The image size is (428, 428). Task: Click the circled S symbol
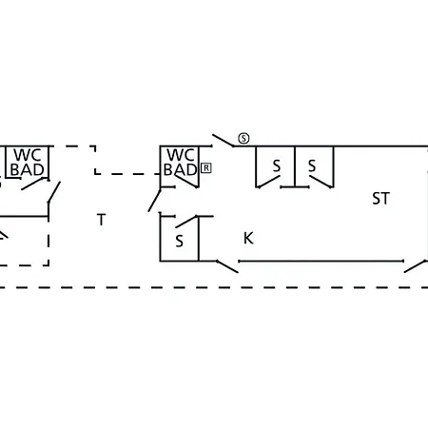pos(243,139)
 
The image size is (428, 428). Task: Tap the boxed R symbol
pos(206,168)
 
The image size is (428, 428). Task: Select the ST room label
pos(380,199)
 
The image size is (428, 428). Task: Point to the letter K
pos(248,238)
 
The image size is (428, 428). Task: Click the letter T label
pos(101,220)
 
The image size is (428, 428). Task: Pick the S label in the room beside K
pos(179,242)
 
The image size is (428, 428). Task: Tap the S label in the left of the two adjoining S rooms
pos(277,165)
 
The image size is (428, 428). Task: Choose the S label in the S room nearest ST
pos(312,165)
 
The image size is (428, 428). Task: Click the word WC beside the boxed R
pos(181,155)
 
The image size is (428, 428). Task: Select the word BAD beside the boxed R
pos(180,169)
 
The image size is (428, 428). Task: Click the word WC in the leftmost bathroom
pos(28,155)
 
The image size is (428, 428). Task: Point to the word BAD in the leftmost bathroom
pos(28,169)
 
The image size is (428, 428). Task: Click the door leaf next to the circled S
pos(224,141)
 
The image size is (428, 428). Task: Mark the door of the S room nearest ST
pos(321,182)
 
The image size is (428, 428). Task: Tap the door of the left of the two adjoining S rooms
pos(269,182)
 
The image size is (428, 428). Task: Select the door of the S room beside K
pos(186,222)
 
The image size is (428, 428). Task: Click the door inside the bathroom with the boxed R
pos(186,181)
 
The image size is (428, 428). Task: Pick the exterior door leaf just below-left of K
pos(227,266)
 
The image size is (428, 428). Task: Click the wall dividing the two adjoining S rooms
pos(295,166)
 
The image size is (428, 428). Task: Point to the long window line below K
pos(321,261)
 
